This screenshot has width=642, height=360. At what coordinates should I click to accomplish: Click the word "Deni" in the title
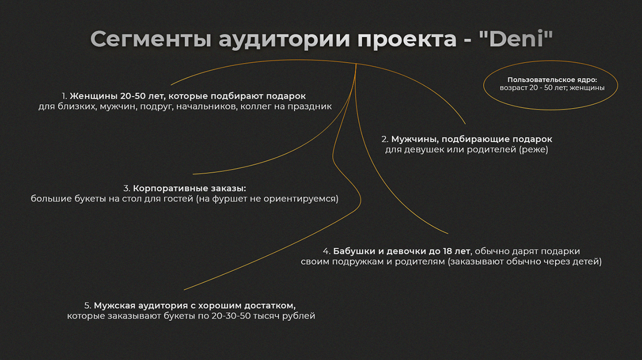(x=516, y=39)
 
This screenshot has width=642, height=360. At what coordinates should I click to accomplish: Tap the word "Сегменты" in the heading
(x=151, y=39)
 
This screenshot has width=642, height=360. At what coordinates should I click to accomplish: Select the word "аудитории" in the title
(x=284, y=40)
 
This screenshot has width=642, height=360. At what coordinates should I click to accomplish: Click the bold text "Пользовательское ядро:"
(x=552, y=80)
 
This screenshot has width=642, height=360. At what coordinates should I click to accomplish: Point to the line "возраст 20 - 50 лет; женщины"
(x=552, y=88)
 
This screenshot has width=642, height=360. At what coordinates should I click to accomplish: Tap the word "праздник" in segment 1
(x=310, y=106)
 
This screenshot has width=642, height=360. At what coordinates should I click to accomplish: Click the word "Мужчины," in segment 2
(x=415, y=140)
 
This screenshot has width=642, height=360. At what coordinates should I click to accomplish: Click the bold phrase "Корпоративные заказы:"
(x=189, y=189)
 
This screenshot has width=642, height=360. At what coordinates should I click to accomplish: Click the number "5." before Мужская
(x=88, y=306)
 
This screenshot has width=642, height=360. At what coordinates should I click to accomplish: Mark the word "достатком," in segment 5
(x=270, y=306)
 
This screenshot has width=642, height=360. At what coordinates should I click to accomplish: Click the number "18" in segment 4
(x=447, y=251)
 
